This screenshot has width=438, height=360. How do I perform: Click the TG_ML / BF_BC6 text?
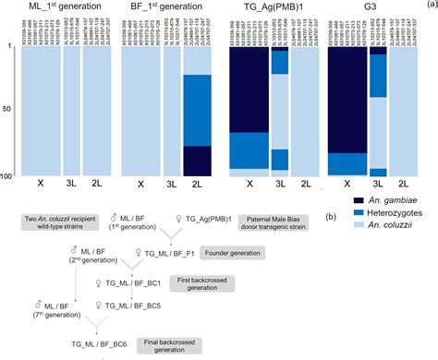99,342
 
